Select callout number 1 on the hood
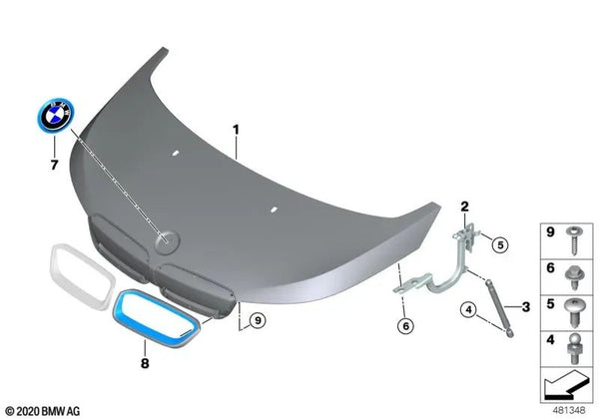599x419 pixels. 237,130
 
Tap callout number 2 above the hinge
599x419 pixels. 464,208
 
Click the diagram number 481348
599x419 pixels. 569,410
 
